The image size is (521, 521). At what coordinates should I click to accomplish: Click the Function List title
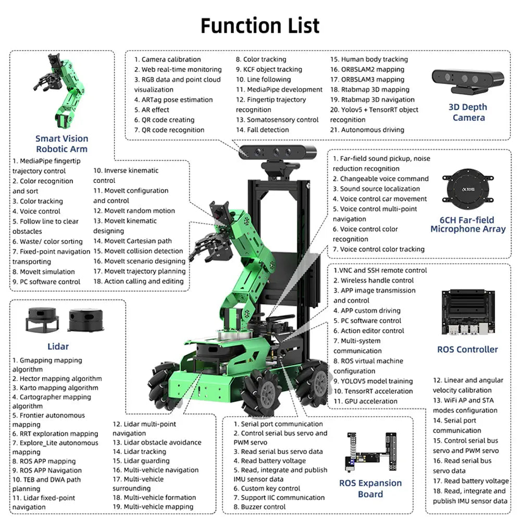pos(260,25)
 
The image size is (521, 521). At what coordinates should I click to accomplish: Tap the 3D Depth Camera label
pos(468,112)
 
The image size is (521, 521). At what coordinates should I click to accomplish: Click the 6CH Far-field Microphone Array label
pos(468,225)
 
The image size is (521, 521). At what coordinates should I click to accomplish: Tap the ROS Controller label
pos(467,349)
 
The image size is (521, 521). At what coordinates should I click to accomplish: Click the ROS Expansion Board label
pos(370,488)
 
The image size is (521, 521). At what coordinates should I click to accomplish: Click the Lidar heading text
pos(58,346)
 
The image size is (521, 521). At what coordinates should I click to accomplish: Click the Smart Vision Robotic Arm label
pos(62,143)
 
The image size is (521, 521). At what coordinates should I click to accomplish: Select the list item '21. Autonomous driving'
pos(367,130)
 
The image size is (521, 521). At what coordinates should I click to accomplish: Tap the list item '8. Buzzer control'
pos(259,506)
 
